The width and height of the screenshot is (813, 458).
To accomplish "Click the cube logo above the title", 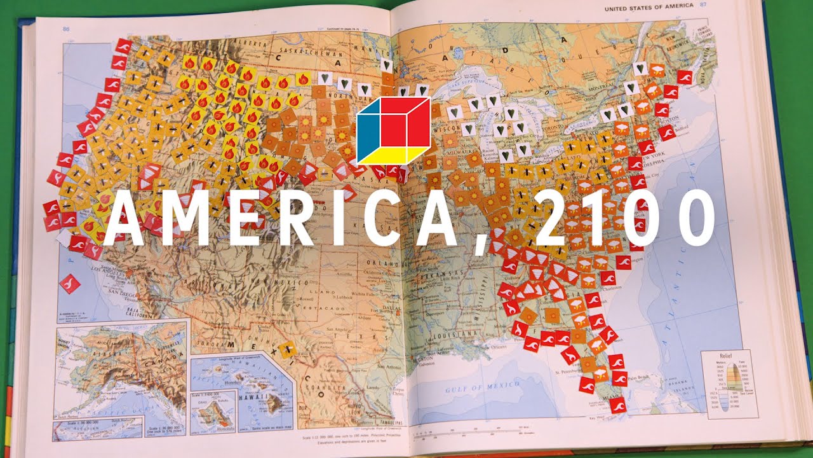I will pyautogui.click(x=394, y=130).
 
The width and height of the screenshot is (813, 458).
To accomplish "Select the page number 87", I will pyautogui.click(x=703, y=5).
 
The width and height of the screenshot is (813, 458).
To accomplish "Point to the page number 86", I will pyautogui.click(x=65, y=29).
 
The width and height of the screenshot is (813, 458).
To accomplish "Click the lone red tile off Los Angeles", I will pyautogui.click(x=70, y=282).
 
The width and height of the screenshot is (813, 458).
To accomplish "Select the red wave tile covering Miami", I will pyautogui.click(x=617, y=405).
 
